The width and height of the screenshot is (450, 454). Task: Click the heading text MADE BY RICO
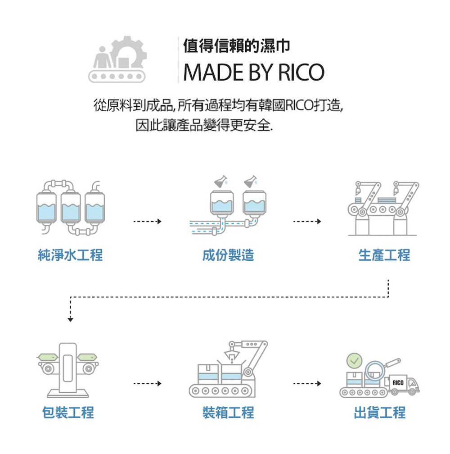tap(253, 72)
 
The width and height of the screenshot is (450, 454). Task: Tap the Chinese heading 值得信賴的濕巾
tap(236, 45)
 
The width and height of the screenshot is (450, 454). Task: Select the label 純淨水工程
tap(70, 255)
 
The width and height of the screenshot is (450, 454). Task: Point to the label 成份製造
tap(228, 255)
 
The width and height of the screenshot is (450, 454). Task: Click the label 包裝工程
tap(68, 412)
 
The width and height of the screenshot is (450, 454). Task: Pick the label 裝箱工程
tap(228, 412)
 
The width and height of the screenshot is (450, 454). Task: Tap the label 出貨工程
tap(380, 412)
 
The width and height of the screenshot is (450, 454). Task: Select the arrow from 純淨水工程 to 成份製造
tap(147, 222)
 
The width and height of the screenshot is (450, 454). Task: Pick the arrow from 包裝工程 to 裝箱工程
tap(147, 384)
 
